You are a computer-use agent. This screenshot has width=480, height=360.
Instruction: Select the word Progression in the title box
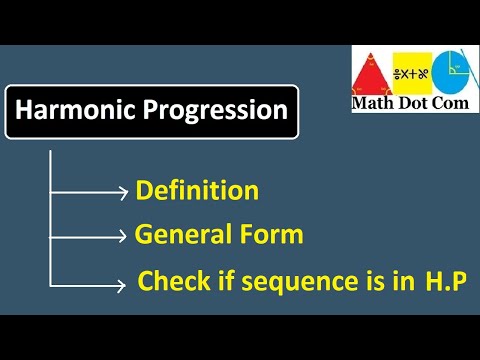pyautogui.click(x=219, y=110)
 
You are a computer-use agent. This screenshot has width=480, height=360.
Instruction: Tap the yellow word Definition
pyautogui.click(x=197, y=190)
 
